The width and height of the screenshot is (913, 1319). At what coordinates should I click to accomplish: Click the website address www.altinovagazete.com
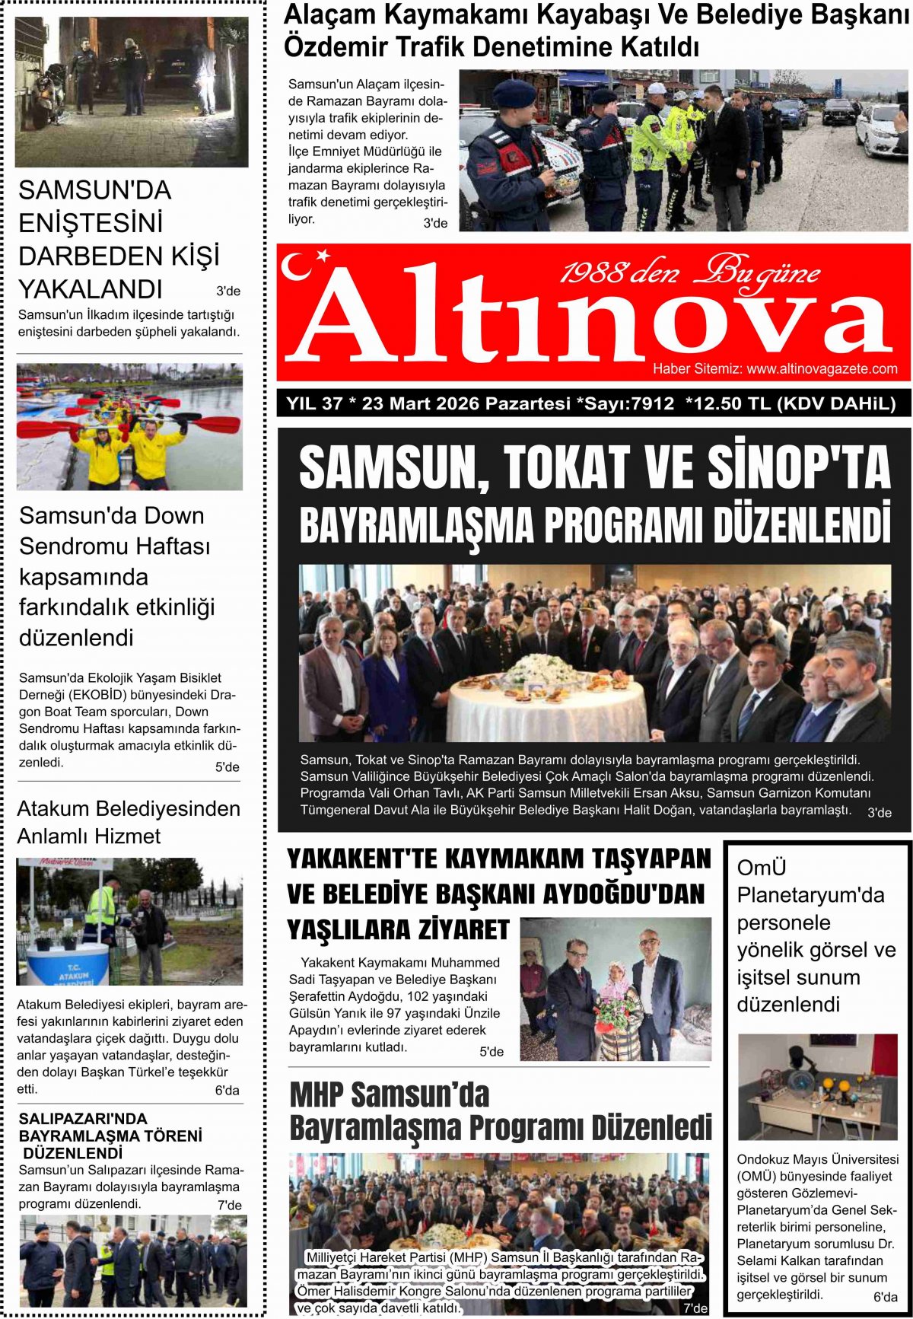822,369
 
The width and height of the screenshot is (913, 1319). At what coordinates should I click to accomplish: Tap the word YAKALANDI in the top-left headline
91,289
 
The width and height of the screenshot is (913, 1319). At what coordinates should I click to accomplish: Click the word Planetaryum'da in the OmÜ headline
810,895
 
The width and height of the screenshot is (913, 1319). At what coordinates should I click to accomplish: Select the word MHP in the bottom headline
317,1095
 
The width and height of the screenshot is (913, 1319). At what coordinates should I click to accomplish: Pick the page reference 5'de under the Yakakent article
491,1052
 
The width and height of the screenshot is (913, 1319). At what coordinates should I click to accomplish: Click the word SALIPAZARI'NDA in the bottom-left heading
83,1119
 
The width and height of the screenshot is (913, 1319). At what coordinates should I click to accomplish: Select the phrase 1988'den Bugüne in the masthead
689,272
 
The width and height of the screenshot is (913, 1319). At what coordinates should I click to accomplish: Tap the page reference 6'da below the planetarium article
885,1297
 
